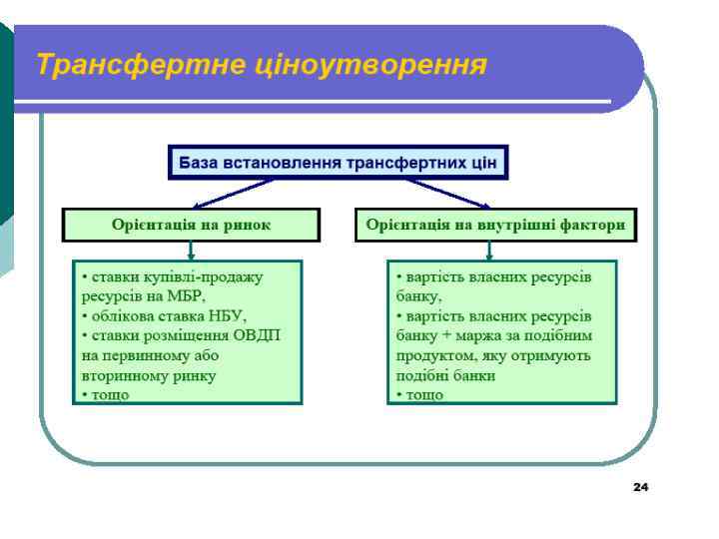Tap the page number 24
click(640, 487)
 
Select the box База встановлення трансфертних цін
click(338, 162)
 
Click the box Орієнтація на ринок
click(191, 225)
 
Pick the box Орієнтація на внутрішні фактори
click(495, 225)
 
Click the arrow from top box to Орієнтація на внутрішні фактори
click(445, 193)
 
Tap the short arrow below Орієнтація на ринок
click(191, 251)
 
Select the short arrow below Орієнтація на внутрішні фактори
click(489, 251)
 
